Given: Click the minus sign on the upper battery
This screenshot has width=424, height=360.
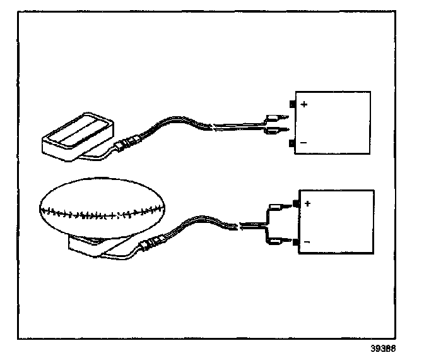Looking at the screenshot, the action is click(304, 143).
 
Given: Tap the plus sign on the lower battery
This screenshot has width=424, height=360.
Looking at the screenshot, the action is click(308, 203).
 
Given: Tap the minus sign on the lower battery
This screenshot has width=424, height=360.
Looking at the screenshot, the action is click(308, 242).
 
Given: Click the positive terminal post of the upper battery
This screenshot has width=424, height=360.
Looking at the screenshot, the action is click(291, 104).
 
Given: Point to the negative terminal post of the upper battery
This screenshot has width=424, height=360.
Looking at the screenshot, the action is click(291, 144).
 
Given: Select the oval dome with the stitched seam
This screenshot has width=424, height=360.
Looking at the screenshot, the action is click(101, 209).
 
